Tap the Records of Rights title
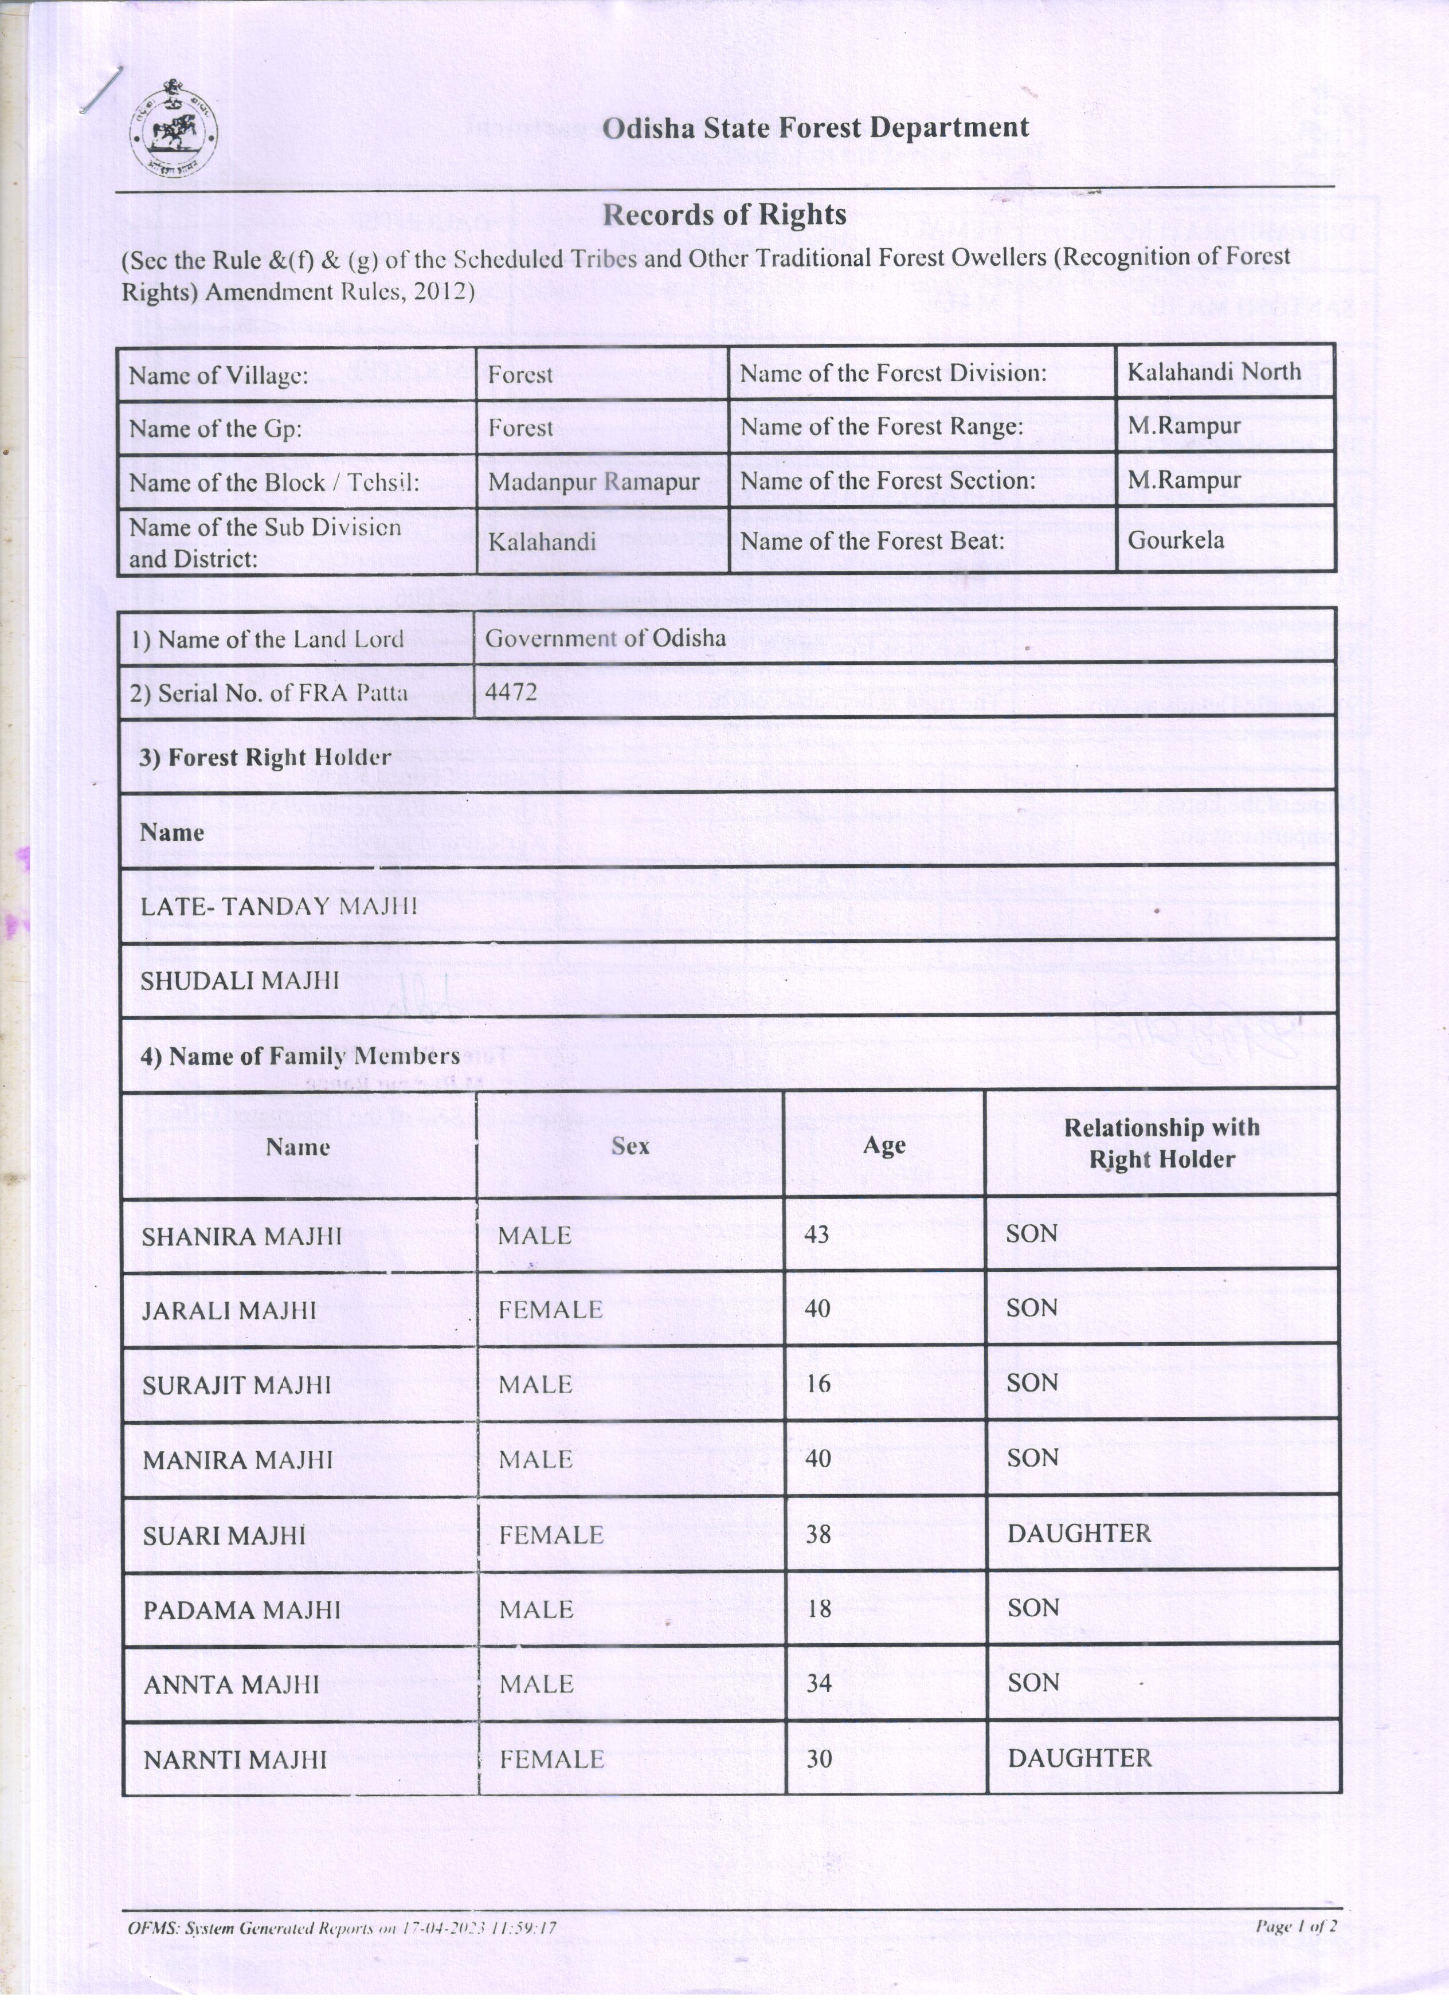[724, 214]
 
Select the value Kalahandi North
[1213, 371]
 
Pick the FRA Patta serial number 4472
[511, 691]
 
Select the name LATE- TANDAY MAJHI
[278, 906]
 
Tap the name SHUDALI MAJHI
[239, 980]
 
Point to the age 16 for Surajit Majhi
[818, 1384]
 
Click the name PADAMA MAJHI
[241, 1609]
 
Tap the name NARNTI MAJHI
[235, 1759]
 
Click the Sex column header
[630, 1146]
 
